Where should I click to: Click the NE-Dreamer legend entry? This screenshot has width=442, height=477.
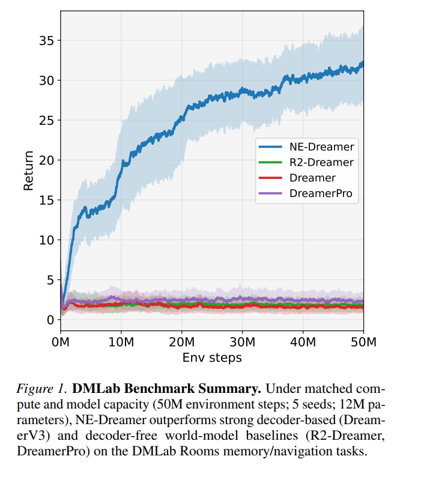click(x=321, y=146)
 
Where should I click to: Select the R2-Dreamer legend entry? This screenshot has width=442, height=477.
click(x=321, y=162)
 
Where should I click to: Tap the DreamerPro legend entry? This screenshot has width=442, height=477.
click(x=321, y=193)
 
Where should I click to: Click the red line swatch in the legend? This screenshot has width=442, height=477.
click(x=270, y=178)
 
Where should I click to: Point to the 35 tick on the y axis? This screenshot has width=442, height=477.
click(x=46, y=41)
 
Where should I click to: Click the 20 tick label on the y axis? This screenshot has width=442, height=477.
click(x=46, y=160)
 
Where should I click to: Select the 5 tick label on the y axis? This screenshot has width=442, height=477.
click(x=49, y=280)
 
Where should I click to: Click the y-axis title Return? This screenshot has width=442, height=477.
click(x=28, y=171)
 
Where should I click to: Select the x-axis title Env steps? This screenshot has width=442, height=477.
click(x=212, y=357)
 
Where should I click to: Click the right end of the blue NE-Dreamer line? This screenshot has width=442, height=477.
click(x=362, y=63)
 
